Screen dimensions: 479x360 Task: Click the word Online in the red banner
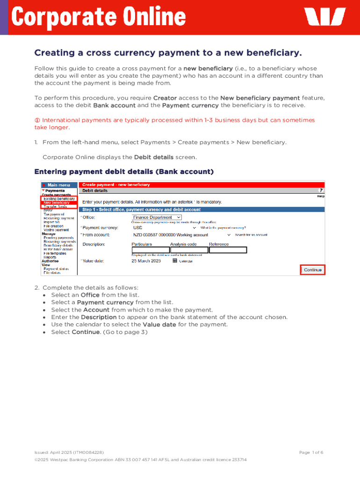point(154,18)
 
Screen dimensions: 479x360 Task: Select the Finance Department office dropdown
point(157,218)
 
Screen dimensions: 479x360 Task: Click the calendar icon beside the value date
point(175,261)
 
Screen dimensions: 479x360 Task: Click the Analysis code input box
point(189,250)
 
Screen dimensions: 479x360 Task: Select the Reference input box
point(228,250)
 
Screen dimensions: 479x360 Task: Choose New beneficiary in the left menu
point(57,203)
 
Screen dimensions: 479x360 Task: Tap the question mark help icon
point(321,191)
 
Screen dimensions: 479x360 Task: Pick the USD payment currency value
point(138,228)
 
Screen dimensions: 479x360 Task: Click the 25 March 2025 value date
point(147,261)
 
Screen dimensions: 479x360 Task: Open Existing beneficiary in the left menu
point(59,199)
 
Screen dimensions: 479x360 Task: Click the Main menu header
point(58,185)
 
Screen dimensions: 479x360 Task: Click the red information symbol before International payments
point(37,120)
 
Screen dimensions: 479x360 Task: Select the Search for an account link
point(251,235)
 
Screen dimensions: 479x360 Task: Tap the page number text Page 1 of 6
point(311,452)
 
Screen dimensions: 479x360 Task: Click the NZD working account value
point(170,235)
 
